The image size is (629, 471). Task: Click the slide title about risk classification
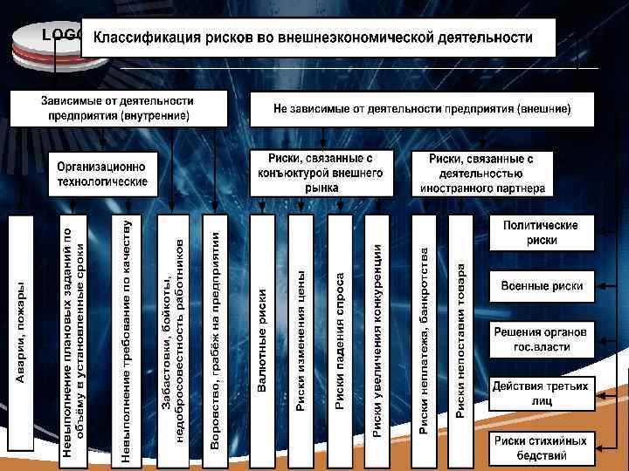click(319, 38)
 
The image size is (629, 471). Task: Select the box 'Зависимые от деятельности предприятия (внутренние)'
click(119, 108)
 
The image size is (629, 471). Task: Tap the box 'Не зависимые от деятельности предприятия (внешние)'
click(422, 109)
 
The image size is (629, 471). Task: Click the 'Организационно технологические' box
click(102, 174)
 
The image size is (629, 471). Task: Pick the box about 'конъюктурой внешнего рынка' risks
click(321, 173)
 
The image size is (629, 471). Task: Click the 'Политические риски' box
click(541, 232)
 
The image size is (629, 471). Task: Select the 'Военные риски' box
click(541, 285)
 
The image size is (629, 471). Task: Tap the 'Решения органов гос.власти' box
click(541, 338)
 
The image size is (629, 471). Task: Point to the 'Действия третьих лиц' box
click(541, 392)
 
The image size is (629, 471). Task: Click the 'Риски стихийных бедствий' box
click(541, 447)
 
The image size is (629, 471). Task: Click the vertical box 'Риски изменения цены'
click(301, 332)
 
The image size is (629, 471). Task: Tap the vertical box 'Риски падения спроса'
click(339, 332)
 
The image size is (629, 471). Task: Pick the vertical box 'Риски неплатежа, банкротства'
click(424, 332)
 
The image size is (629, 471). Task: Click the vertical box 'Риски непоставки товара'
click(460, 332)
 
